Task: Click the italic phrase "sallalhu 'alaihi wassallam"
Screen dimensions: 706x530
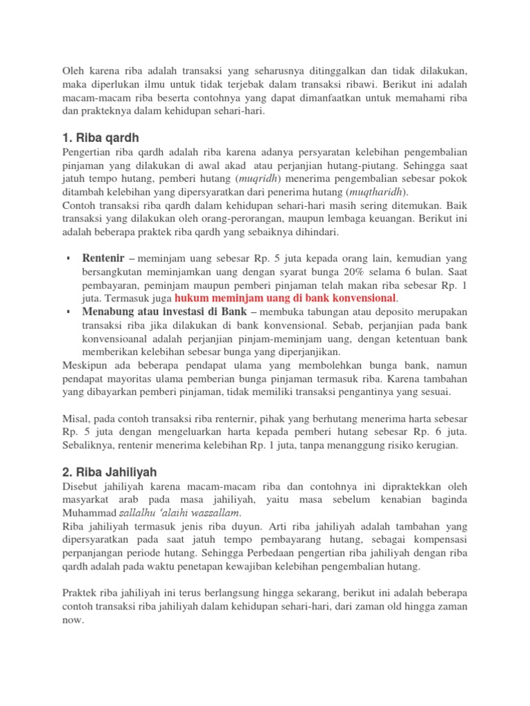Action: [x=181, y=514]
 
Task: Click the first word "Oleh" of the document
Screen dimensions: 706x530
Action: [x=74, y=70]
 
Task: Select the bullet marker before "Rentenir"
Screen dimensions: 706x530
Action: [x=69, y=259]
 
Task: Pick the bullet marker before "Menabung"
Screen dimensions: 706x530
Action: [x=69, y=312]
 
